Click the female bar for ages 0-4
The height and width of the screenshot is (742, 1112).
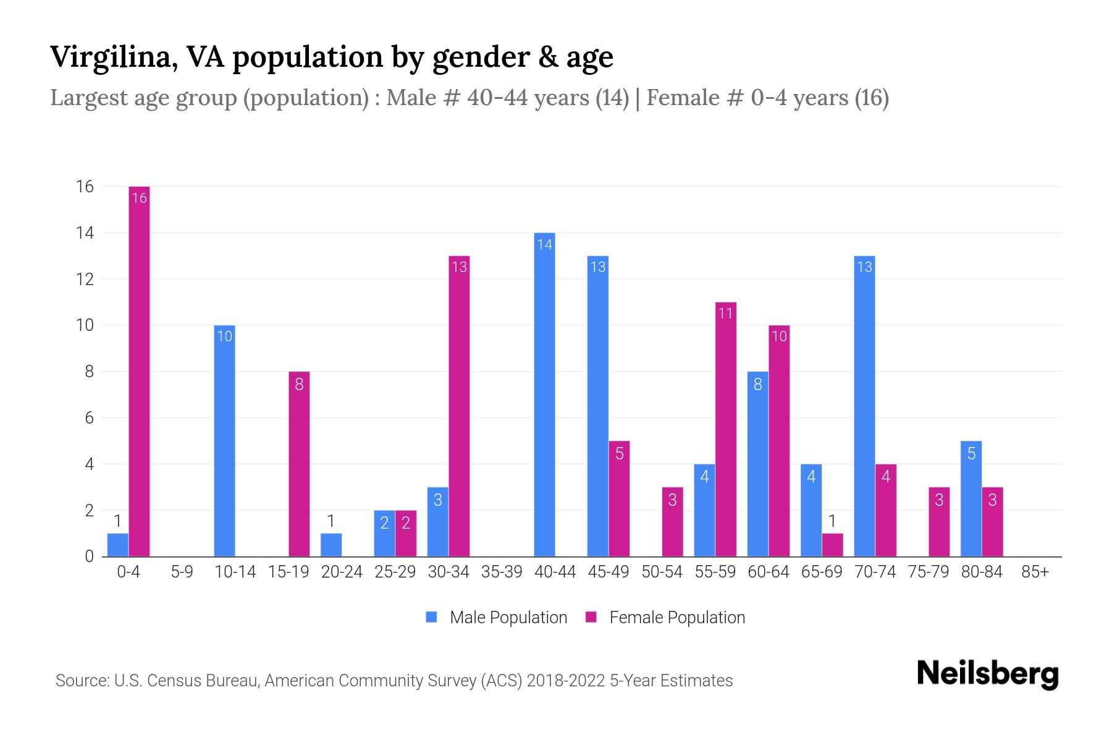(x=139, y=371)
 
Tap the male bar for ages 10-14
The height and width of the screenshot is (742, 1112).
(x=224, y=440)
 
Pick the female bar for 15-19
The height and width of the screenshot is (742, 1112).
(x=299, y=464)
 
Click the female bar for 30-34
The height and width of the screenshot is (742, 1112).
(x=459, y=406)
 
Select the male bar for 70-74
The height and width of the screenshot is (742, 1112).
(x=864, y=406)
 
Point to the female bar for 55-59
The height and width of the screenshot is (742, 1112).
(x=726, y=429)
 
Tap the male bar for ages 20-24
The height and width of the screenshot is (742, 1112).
(x=331, y=545)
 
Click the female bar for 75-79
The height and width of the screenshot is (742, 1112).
(x=939, y=522)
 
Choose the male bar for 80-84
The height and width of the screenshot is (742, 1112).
(x=971, y=498)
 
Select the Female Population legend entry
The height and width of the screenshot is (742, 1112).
(x=665, y=617)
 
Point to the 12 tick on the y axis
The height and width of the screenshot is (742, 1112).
(x=85, y=279)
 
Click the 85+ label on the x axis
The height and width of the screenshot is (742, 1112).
(x=1035, y=572)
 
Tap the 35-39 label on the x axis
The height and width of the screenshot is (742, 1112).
(x=502, y=572)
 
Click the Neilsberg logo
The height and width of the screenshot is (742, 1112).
(x=987, y=674)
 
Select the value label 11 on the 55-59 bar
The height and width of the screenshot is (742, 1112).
(x=725, y=313)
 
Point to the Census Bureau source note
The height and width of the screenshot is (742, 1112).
(x=394, y=681)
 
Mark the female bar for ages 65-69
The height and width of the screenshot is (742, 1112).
(x=832, y=545)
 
